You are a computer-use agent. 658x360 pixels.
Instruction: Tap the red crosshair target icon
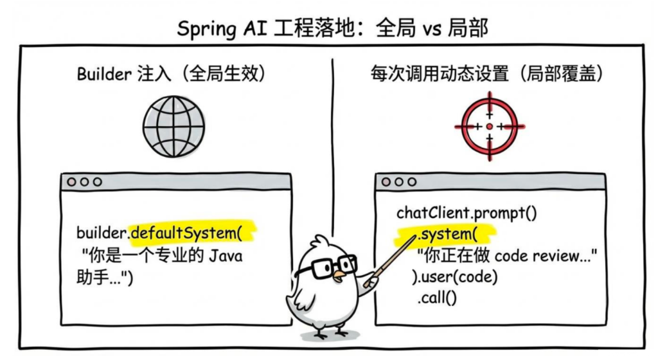[490, 127]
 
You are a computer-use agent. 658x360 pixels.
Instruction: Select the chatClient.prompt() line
[467, 212]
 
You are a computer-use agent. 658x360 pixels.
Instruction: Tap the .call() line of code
[436, 298]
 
